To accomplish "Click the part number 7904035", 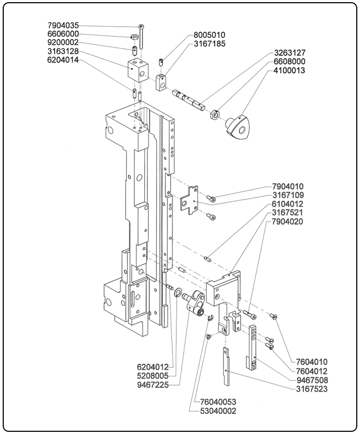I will (x=63, y=25).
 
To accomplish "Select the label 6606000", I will (x=63, y=34).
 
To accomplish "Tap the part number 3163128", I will (x=63, y=52).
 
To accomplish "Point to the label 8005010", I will (x=209, y=35).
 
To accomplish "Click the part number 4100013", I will (x=289, y=71).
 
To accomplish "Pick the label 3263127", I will (x=289, y=53).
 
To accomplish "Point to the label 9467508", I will (x=312, y=380).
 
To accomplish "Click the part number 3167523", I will (x=312, y=389).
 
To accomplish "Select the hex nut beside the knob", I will (x=214, y=113).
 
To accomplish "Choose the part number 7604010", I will (x=312, y=362).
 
